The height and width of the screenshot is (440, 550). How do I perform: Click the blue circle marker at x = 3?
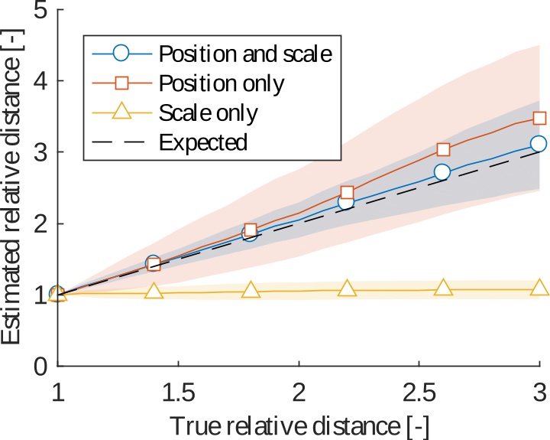539,143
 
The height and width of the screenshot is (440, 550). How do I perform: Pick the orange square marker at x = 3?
539,118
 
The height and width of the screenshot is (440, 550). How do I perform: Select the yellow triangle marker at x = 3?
539,288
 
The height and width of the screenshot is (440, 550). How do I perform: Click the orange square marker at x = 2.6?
443,149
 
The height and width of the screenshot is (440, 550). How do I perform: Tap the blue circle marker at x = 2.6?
442,172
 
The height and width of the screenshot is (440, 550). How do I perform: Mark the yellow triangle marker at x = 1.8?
250,291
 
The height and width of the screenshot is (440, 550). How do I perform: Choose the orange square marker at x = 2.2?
347,192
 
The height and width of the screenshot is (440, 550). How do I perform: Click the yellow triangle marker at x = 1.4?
154,292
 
